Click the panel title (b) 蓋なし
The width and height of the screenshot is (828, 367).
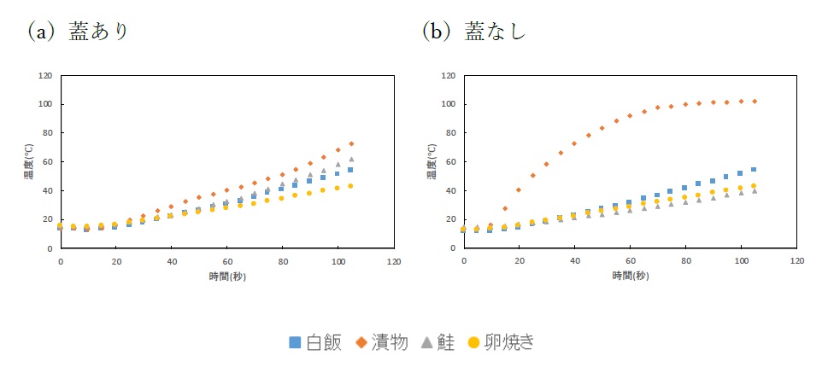coord(473,32)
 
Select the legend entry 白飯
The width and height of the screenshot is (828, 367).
coord(315,342)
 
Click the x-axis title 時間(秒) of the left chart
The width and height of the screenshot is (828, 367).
coord(226,276)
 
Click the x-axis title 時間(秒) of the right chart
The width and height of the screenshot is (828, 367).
coord(630,276)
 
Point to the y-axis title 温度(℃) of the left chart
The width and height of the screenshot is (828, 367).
coord(29,162)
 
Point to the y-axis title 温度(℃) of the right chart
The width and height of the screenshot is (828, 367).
coord(432,162)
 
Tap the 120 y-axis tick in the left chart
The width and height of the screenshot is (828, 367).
coord(45,76)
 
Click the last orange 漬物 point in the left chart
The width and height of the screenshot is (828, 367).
coord(351,143)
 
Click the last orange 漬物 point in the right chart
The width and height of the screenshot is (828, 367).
coord(755,102)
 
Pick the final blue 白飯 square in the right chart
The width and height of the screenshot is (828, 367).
coord(754,169)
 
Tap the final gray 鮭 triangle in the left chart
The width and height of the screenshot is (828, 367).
coord(351,159)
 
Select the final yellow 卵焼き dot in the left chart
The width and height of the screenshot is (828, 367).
coord(351,186)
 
